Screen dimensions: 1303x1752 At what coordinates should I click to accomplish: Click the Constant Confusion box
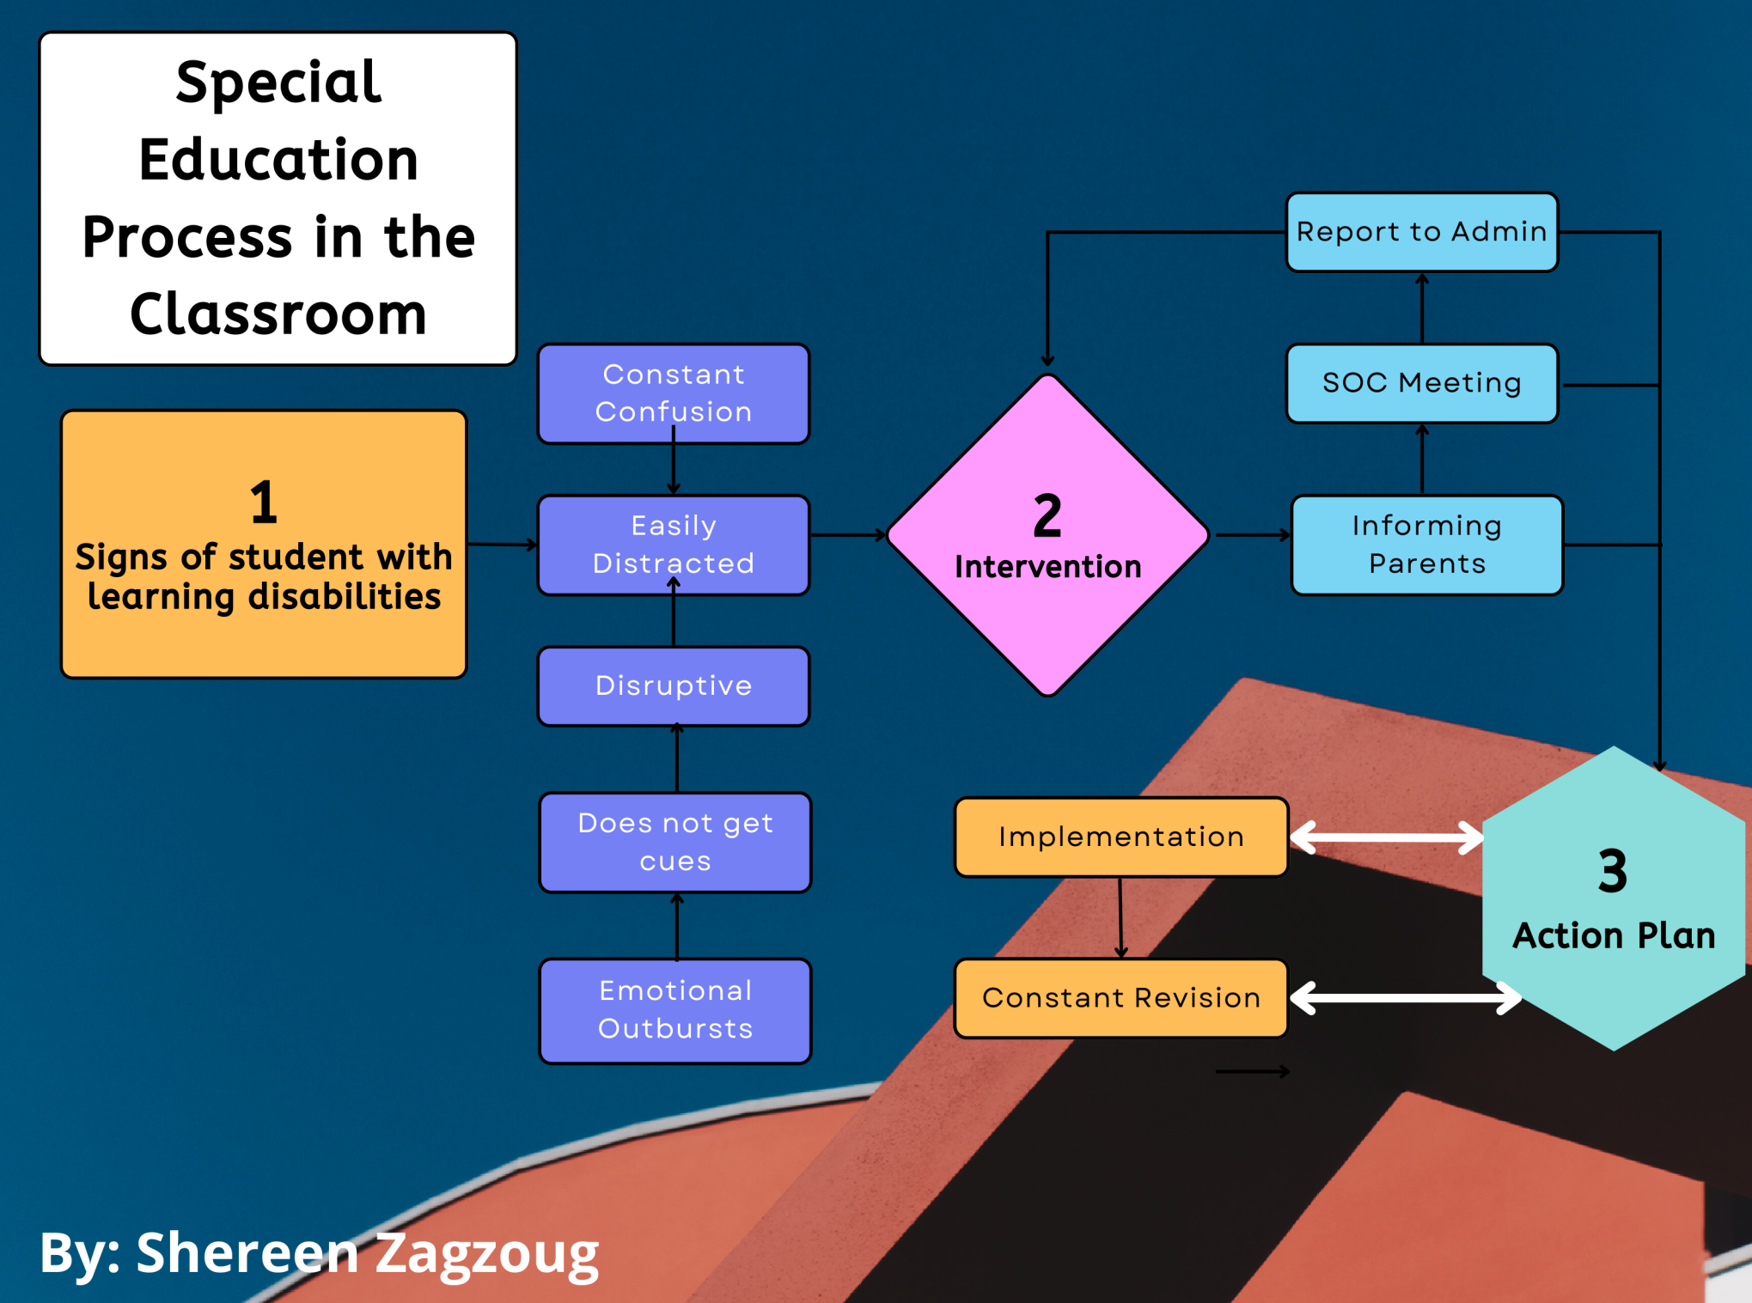[x=673, y=393]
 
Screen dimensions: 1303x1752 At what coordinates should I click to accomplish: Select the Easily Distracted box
[x=673, y=545]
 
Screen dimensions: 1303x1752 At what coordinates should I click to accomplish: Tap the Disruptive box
[x=673, y=685]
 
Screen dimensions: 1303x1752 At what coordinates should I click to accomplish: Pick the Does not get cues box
[x=675, y=842]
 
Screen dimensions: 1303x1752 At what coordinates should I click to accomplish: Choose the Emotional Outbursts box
[x=675, y=1010]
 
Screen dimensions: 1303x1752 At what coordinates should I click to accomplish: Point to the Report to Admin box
[x=1421, y=232]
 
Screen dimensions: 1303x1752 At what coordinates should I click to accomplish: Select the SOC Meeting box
[x=1421, y=383]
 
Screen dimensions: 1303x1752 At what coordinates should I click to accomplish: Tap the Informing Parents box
[x=1426, y=545]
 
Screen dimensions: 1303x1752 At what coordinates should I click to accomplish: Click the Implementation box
[x=1120, y=837]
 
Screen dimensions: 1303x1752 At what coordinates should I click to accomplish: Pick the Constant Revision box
[x=1120, y=998]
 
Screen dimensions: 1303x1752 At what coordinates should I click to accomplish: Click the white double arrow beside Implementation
[x=1387, y=837]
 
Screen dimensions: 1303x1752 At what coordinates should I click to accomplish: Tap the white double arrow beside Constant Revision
[x=1406, y=998]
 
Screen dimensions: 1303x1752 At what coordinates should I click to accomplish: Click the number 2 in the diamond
[x=1047, y=516]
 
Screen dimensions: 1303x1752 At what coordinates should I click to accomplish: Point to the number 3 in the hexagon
[x=1613, y=871]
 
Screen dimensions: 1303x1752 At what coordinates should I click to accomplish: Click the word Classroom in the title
[x=278, y=314]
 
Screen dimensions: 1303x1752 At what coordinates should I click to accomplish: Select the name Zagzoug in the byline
[x=486, y=1253]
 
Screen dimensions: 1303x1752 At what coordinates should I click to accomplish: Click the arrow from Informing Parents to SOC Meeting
[x=1422, y=459]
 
